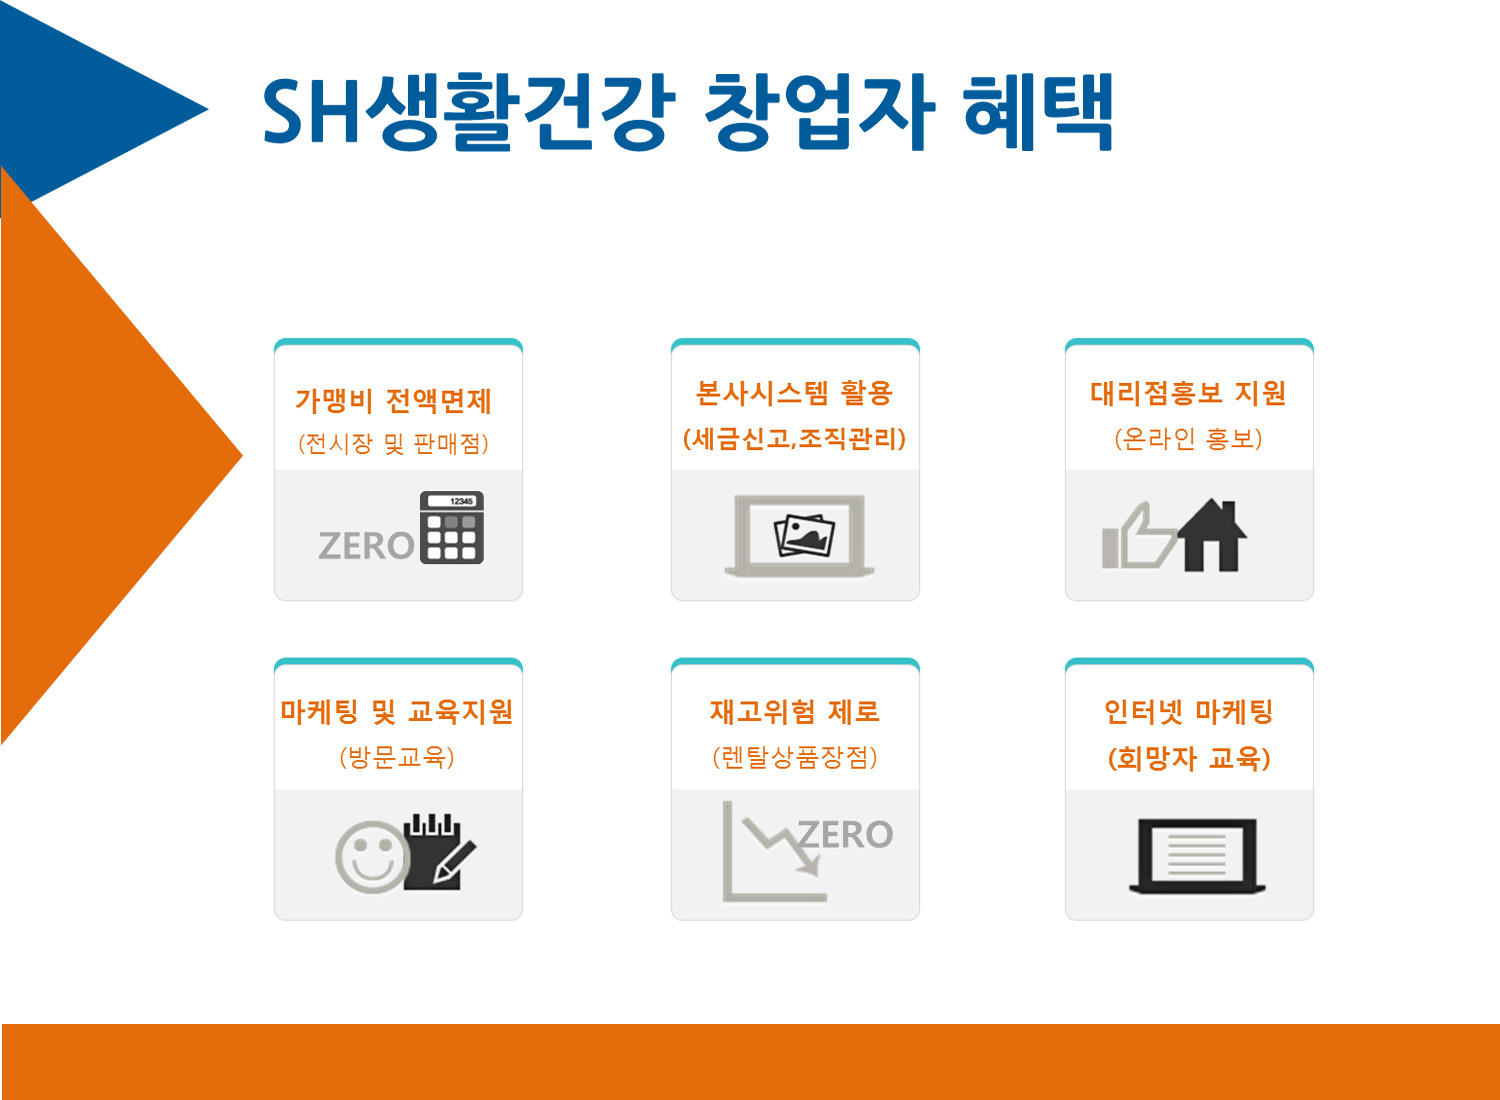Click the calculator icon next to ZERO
pos(452,528)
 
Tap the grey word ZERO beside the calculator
pos(367,546)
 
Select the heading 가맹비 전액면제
pos(394,401)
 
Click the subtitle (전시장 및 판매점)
pos(394,443)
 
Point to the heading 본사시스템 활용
pos(794,393)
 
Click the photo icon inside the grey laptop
pos(804,535)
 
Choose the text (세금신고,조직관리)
pos(794,439)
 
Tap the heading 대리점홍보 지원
pos(1189,393)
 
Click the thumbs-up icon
pos(1138,536)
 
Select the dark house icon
pos(1212,536)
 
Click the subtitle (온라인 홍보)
pos(1189,439)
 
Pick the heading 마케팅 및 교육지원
pos(396,712)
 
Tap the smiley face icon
pos(372,856)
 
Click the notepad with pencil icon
pos(439,852)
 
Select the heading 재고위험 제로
pos(795,712)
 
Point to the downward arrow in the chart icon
pos(781,845)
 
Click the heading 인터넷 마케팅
pos(1189,712)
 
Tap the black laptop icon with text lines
pos(1197,856)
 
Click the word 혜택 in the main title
pos(1038,111)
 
